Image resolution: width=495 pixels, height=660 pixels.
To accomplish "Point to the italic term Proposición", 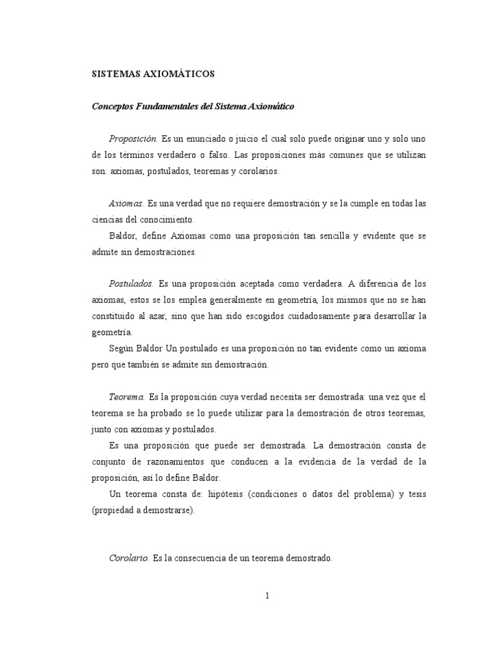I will point(133,139).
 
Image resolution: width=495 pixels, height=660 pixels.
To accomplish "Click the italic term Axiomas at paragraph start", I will point(126,204).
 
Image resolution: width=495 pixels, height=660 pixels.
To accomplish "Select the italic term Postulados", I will point(131,284).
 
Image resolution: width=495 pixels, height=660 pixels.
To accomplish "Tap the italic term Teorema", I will point(127,397).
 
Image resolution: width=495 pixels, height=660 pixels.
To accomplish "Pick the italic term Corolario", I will point(129,559).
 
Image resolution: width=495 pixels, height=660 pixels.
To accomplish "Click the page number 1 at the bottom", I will point(266,596).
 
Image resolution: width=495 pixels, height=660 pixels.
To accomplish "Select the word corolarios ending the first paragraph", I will point(256,171).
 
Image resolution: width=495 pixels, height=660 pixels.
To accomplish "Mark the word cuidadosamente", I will point(329,316).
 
